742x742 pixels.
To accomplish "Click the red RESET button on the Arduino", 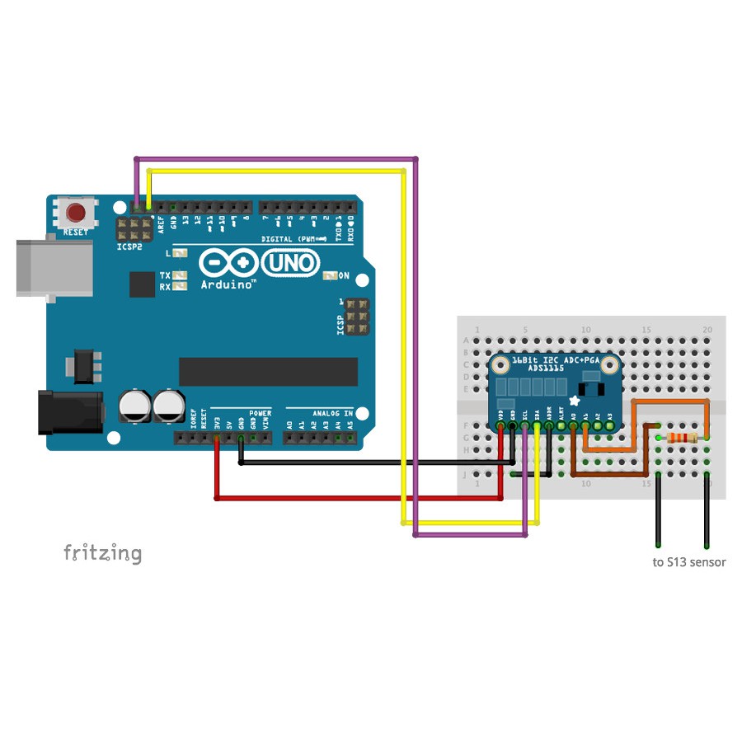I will click(76, 213).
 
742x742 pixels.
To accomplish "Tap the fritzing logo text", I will click(102, 553).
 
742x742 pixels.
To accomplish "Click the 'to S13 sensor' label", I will click(688, 563).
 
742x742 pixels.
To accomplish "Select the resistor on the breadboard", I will click(682, 438).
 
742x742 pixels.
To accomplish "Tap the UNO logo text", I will click(290, 263).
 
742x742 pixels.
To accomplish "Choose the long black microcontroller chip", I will click(269, 372).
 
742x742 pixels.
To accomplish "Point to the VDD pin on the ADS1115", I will click(500, 425).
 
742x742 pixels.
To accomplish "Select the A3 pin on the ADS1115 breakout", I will click(609, 425).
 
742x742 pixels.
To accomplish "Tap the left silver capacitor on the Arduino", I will click(134, 406).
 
